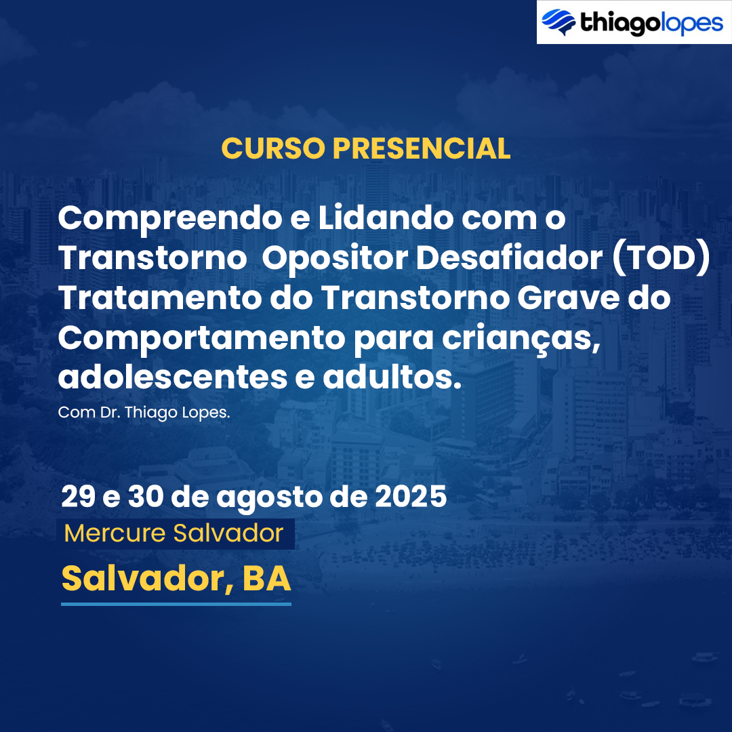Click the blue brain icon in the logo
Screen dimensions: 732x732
point(558,22)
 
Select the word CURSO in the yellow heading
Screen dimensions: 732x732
point(273,148)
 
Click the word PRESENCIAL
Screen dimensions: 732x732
point(422,148)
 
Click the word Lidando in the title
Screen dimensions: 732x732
point(386,218)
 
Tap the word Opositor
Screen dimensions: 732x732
point(335,259)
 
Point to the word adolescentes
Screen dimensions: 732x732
point(173,378)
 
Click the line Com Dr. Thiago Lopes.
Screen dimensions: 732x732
point(144,413)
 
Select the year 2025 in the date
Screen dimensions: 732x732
point(411,496)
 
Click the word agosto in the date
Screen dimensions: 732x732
point(269,498)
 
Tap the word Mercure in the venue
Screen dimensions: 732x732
point(115,533)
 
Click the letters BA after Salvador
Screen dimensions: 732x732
point(266,578)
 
